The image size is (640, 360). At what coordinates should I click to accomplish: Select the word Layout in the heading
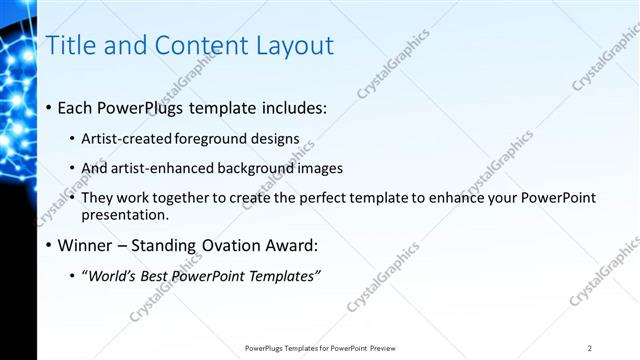(294, 45)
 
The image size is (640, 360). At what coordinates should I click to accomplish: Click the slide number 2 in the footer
(590, 348)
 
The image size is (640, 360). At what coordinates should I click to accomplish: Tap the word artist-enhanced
(160, 168)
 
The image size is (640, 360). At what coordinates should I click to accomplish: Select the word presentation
(125, 214)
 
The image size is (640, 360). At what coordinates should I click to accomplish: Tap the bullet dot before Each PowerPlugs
(50, 108)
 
